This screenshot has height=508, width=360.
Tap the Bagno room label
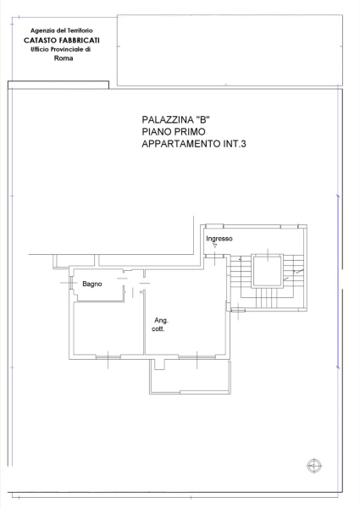click(92, 284)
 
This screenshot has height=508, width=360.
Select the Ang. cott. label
click(161, 324)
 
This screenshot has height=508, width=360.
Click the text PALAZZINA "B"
click(175, 119)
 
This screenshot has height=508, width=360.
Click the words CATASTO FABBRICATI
click(60, 41)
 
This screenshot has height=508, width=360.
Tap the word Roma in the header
click(64, 58)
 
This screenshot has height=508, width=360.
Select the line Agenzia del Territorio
click(60, 30)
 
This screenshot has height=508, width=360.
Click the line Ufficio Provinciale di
click(60, 50)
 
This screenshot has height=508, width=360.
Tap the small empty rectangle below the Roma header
click(58, 84)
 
